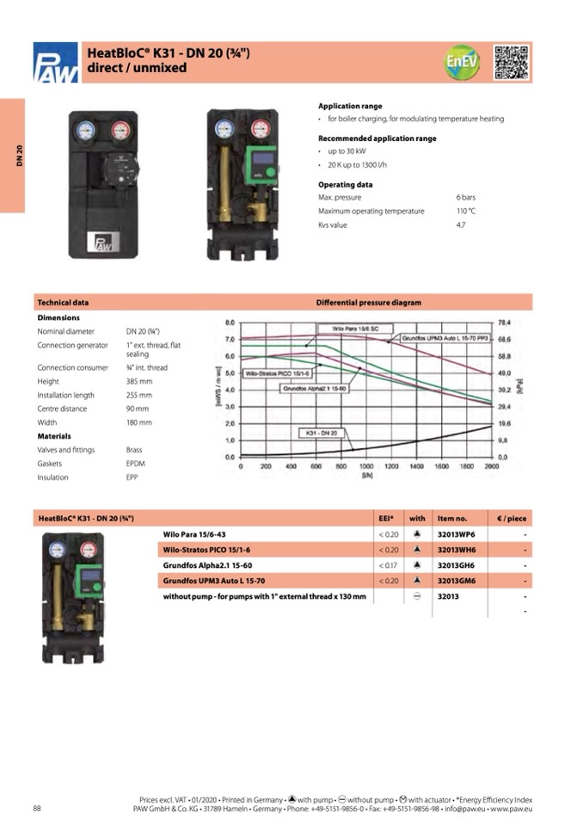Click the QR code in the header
[512, 62]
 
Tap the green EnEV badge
[462, 62]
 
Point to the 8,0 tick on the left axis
[230, 322]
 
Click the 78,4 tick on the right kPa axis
[505, 322]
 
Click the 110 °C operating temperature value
[466, 211]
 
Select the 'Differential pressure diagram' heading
[369, 303]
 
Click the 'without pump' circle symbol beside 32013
[417, 597]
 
